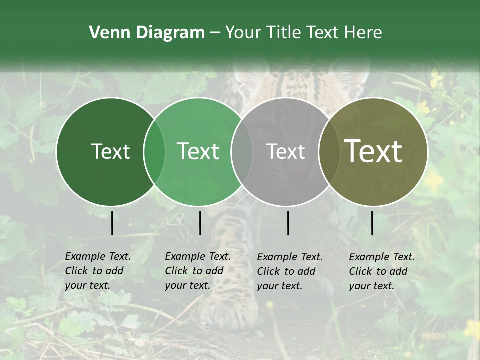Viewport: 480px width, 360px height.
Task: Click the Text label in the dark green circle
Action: [x=110, y=152]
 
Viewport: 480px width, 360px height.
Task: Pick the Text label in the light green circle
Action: [x=198, y=152]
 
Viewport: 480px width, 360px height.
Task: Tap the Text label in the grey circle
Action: [x=286, y=152]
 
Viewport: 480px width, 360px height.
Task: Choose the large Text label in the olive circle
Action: [x=373, y=152]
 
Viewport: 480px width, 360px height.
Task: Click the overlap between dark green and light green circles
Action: [x=154, y=152]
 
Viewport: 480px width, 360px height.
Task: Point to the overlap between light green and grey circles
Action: [x=242, y=152]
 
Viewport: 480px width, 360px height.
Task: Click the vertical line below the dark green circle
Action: [x=112, y=223]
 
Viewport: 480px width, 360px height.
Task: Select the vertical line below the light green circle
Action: [x=200, y=223]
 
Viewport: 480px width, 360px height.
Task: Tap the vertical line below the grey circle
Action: [x=288, y=223]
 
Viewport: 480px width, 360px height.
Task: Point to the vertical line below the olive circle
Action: [x=372, y=223]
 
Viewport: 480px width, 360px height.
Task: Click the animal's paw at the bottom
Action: [x=230, y=312]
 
